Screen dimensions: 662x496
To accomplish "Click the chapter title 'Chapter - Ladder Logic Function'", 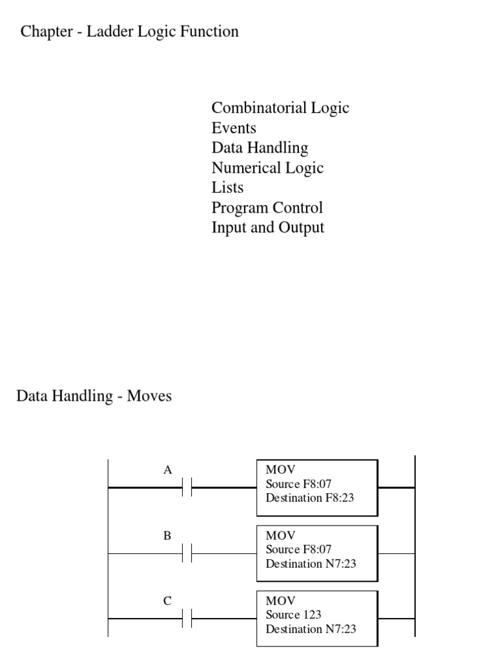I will click(x=130, y=32).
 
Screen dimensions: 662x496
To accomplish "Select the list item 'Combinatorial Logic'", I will click(x=280, y=108).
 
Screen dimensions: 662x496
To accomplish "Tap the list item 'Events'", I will click(x=234, y=128).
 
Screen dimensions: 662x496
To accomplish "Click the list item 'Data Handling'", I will click(x=260, y=148).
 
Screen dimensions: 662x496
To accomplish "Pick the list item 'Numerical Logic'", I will click(x=267, y=168).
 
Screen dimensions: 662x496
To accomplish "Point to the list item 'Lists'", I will click(x=227, y=188).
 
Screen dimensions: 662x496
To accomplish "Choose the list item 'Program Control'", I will click(x=267, y=208).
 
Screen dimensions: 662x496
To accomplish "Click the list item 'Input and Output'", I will click(x=267, y=228).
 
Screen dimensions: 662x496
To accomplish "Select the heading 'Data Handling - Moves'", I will click(x=94, y=396).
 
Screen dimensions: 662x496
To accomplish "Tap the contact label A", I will click(x=167, y=470).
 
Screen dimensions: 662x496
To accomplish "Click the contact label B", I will click(x=167, y=535).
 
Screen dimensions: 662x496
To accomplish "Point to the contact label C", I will click(x=167, y=601).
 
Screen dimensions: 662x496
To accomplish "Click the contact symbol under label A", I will click(x=188, y=488).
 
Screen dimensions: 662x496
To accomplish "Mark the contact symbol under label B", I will click(x=188, y=553).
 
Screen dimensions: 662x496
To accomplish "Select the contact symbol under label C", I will click(x=188, y=619).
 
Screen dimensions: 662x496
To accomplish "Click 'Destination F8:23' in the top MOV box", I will click(x=309, y=498).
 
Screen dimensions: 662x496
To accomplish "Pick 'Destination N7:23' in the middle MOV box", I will click(x=311, y=563).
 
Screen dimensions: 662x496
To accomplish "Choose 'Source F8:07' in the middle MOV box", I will click(x=298, y=550).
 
